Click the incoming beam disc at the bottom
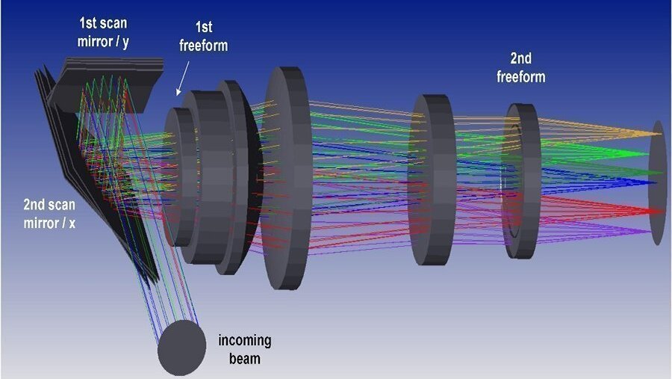click(182, 348)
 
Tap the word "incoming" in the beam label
click(245, 342)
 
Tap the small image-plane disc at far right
click(657, 183)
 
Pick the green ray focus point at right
click(658, 155)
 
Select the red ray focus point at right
click(658, 209)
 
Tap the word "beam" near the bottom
click(244, 359)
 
